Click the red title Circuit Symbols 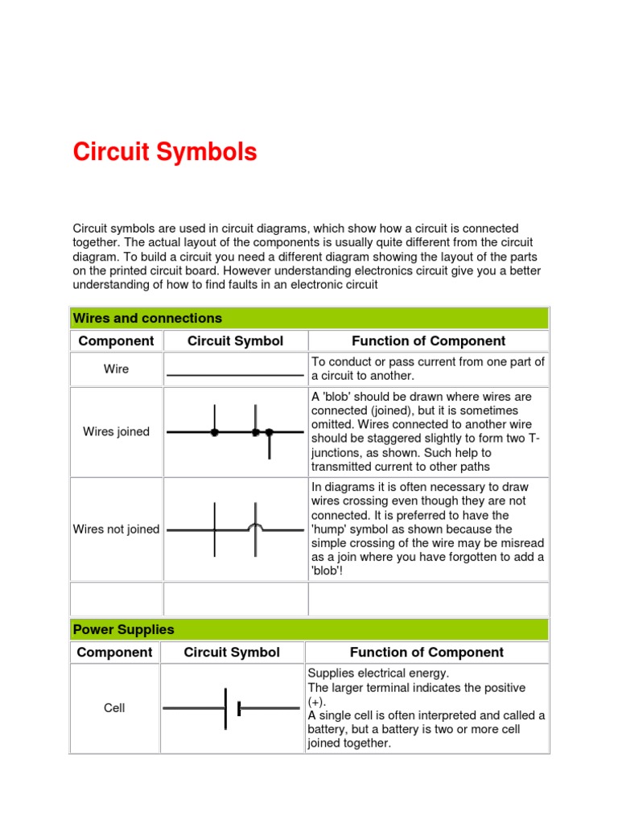(165, 152)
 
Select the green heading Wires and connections (147, 318)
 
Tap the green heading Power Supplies (123, 629)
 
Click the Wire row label (117, 369)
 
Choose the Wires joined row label (117, 432)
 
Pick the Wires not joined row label (117, 529)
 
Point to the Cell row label (114, 709)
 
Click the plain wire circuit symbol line (235, 376)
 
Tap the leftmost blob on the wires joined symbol (214, 432)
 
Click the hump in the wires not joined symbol (256, 526)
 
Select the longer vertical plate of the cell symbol (226, 708)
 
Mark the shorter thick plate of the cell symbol (240, 708)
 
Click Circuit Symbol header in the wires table (235, 341)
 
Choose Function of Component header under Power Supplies (426, 653)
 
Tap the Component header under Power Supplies (114, 653)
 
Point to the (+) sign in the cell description (316, 702)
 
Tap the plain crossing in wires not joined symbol (214, 530)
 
